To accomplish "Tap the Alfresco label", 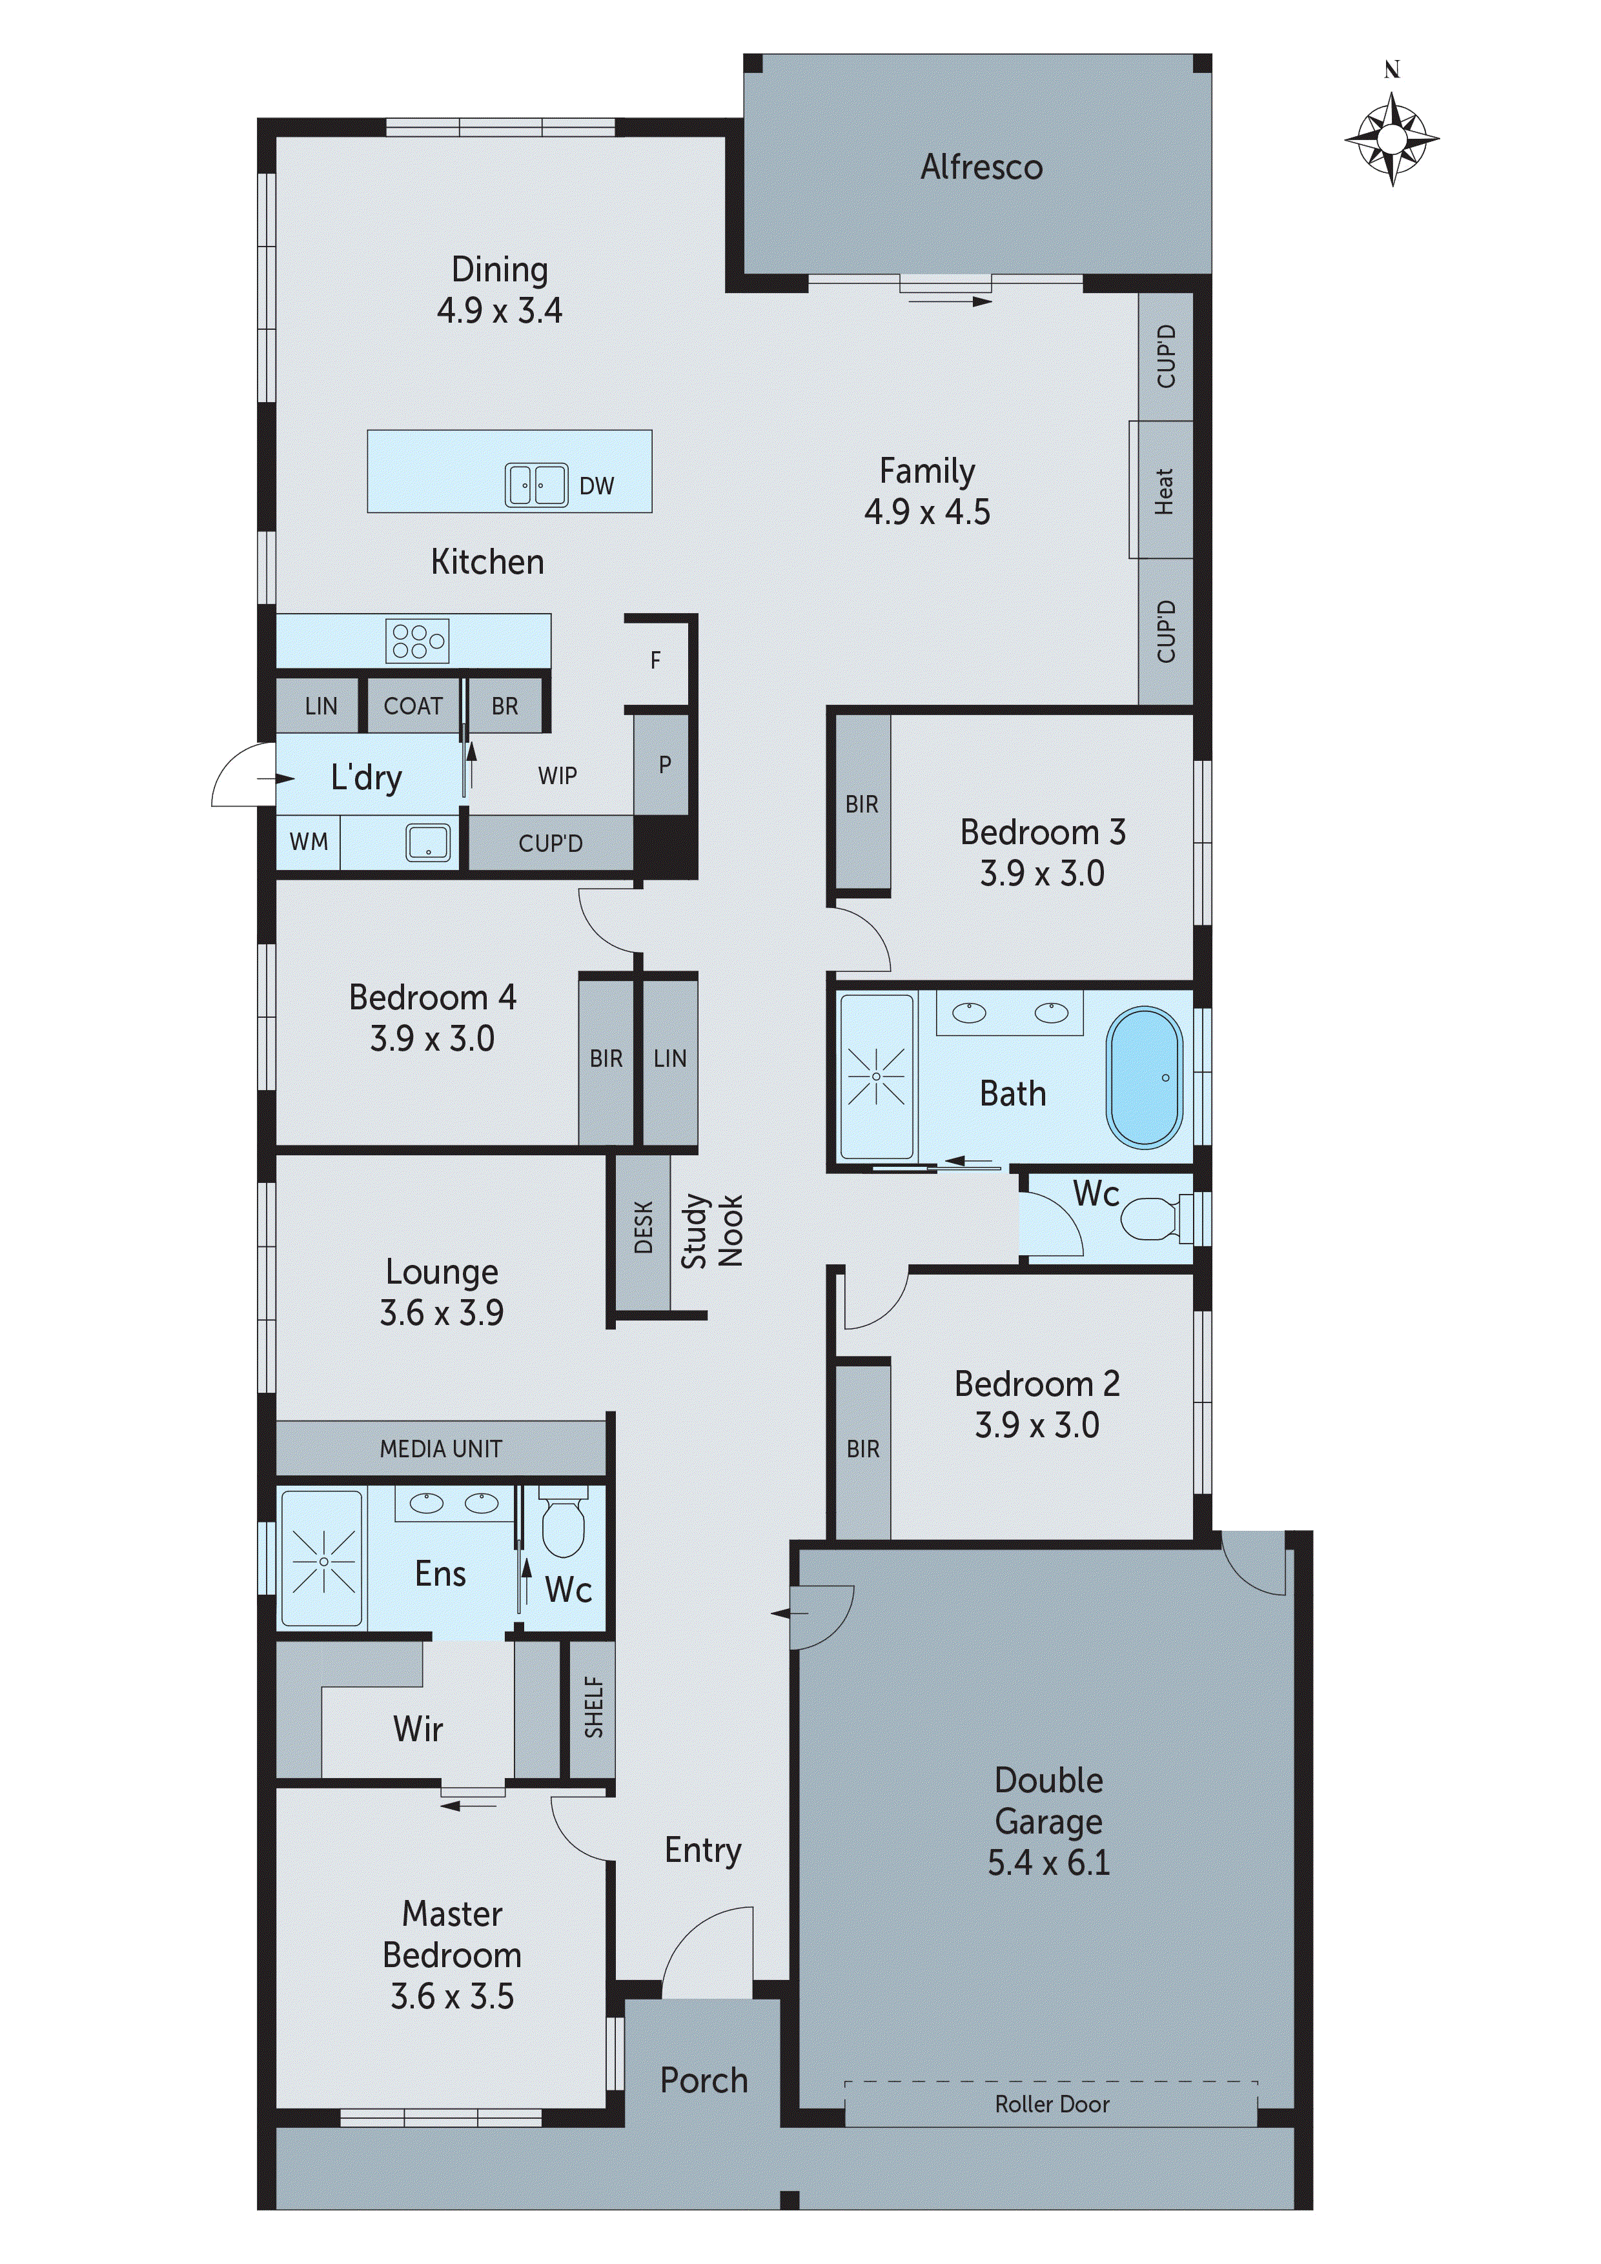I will pyautogui.click(x=981, y=168).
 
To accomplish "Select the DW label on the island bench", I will pyautogui.click(x=596, y=485).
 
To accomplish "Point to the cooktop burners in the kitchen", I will pyautogui.click(x=417, y=640).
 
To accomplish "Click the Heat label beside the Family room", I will pyautogui.click(x=1163, y=490).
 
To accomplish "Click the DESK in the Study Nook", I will pyautogui.click(x=643, y=1227).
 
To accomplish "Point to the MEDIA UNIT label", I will pyautogui.click(x=440, y=1448).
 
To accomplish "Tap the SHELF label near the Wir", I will pyautogui.click(x=593, y=1707).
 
